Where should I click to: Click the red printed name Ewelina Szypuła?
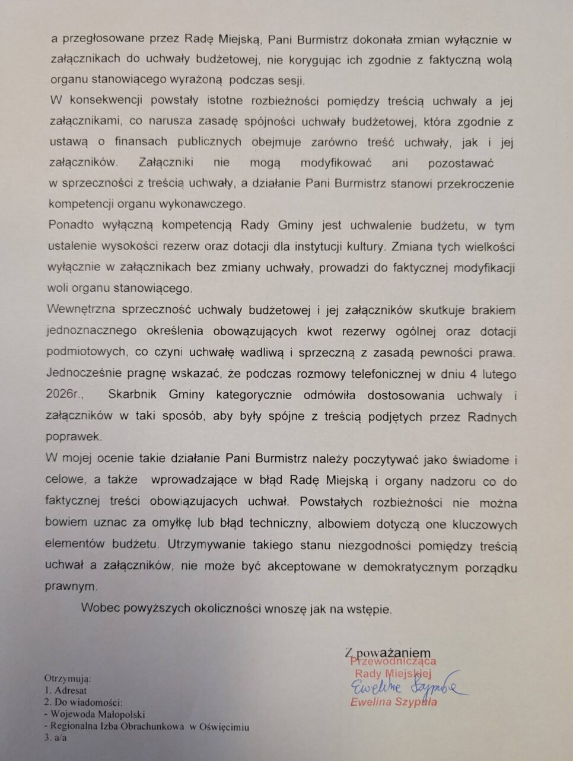[393, 702]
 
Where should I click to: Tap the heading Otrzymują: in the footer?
[68, 678]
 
